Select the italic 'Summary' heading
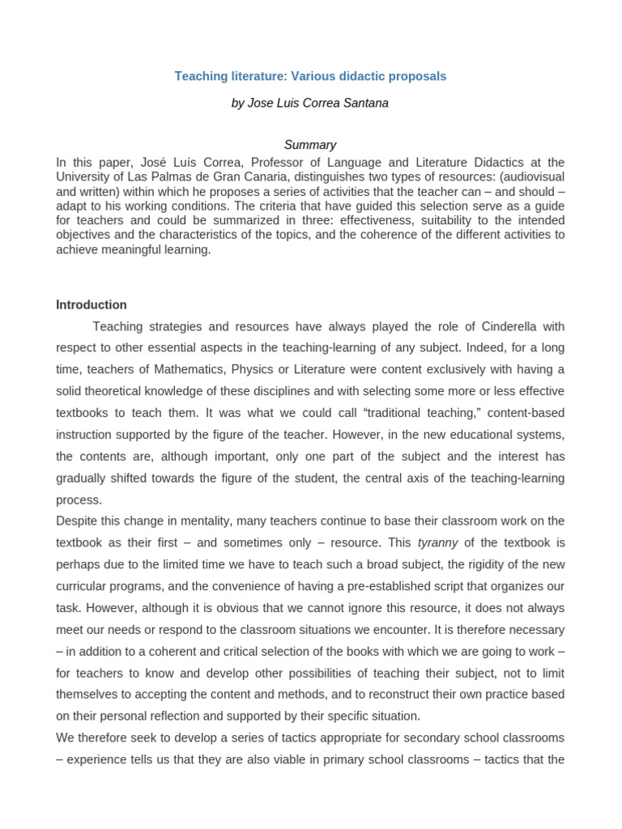pyautogui.click(x=310, y=145)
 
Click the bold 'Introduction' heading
pyautogui.click(x=92, y=305)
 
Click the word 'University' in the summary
pyautogui.click(x=83, y=176)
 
